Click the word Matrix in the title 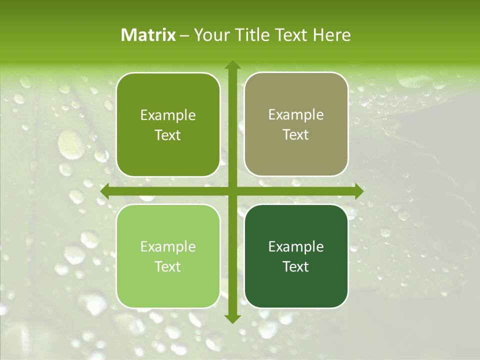coord(148,35)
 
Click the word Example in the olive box coord(168,115)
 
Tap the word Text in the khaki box coord(296,135)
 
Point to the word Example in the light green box coord(168,247)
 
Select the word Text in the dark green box coord(296,267)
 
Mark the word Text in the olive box coord(168,135)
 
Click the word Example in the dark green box coord(296,247)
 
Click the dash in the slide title coord(184,35)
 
